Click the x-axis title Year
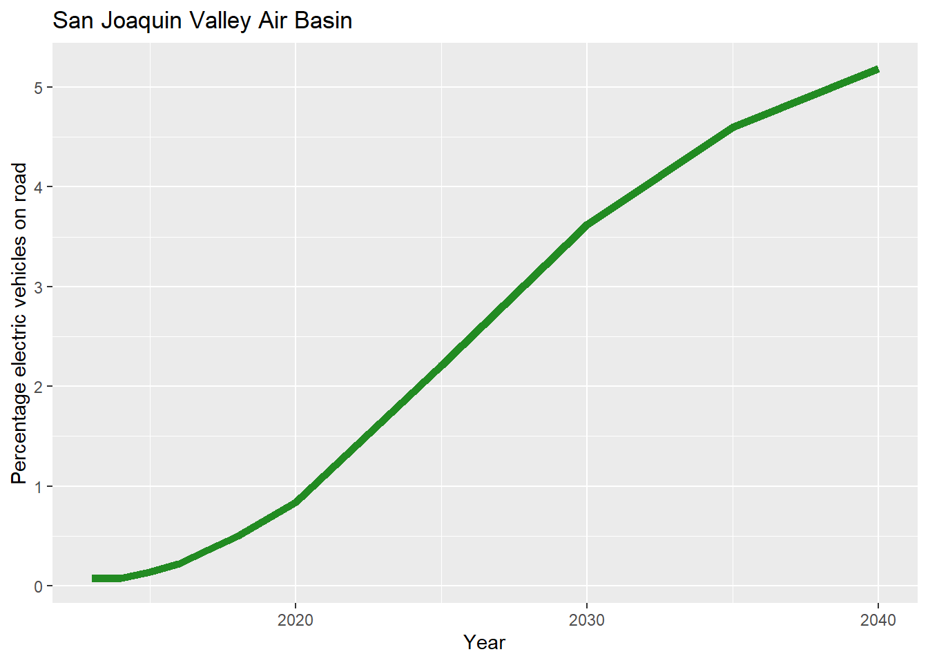[484, 642]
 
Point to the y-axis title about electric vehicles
[19, 323]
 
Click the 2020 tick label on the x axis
[296, 620]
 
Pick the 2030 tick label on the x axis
[586, 620]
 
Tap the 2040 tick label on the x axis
[878, 620]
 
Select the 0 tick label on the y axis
[39, 586]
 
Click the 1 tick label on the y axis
[39, 486]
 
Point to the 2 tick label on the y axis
[39, 387]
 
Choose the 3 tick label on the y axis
[39, 287]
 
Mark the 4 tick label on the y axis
[39, 187]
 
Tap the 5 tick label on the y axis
[39, 88]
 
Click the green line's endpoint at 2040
[877, 70]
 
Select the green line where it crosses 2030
[586, 225]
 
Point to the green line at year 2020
[296, 502]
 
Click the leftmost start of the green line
[93, 578]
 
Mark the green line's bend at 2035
[732, 127]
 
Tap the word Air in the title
[273, 21]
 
